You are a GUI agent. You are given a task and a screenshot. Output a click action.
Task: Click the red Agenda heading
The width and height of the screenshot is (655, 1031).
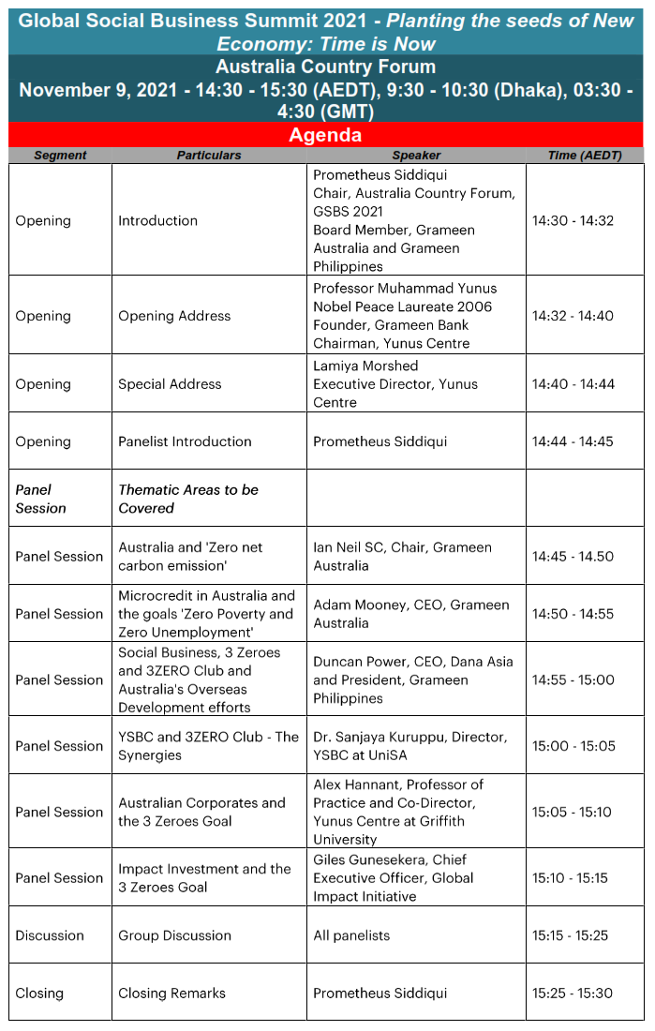(x=325, y=135)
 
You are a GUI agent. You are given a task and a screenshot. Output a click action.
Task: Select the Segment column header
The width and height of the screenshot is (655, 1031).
(x=60, y=156)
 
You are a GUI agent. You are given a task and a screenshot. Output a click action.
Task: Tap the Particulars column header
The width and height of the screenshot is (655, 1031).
(x=209, y=156)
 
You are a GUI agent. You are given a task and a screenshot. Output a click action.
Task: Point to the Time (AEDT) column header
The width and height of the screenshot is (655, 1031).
(x=585, y=156)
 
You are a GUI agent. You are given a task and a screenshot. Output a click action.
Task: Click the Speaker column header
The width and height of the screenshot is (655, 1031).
(x=416, y=156)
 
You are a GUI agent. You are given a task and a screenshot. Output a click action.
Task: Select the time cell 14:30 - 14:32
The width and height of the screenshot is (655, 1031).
(x=573, y=221)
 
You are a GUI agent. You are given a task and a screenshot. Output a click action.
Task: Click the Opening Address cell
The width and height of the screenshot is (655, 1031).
(x=174, y=316)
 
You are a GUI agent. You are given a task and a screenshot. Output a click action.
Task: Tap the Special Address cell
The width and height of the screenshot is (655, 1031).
(x=170, y=384)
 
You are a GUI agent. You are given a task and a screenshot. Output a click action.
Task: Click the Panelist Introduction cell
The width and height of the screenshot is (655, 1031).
(x=185, y=441)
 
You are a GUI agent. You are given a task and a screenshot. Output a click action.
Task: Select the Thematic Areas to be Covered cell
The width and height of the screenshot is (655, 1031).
(x=188, y=499)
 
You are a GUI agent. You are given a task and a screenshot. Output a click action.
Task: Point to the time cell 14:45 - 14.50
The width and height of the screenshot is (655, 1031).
(x=573, y=557)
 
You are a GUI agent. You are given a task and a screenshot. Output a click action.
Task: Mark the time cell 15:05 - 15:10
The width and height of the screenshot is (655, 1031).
(x=573, y=813)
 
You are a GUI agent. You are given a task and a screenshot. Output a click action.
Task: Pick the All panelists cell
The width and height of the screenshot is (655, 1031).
(x=351, y=935)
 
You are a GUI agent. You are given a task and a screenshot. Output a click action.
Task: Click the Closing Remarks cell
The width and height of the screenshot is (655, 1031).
(x=171, y=994)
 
